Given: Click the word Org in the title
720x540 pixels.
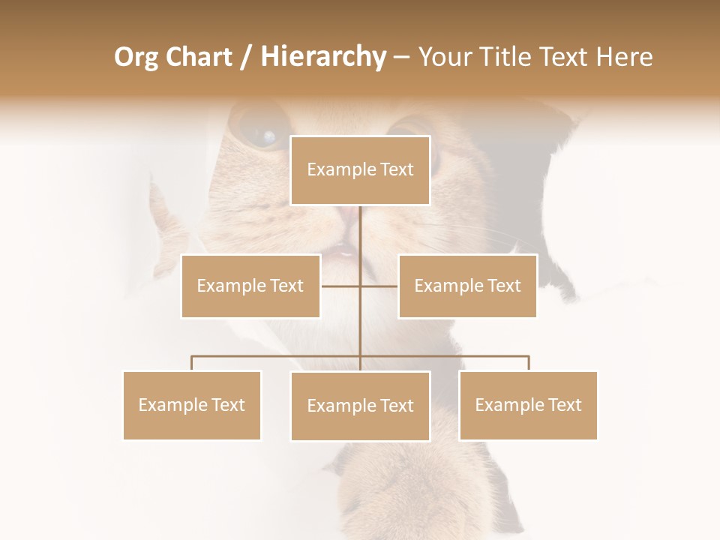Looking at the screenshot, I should (x=136, y=57).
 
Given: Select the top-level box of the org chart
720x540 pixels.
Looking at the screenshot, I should (x=360, y=170).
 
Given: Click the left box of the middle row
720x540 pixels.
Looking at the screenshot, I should (x=250, y=286).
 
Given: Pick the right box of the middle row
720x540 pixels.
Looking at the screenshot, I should (x=467, y=286).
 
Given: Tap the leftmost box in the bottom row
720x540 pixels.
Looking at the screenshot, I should (x=192, y=405).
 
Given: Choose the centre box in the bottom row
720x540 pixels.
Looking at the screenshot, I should (x=360, y=406).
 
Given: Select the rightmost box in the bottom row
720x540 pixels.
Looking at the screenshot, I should (x=528, y=405).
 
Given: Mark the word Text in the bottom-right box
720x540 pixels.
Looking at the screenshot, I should (x=564, y=405).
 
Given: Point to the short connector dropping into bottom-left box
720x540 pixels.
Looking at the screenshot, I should (x=192, y=363).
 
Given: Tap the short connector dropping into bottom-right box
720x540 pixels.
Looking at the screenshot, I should (x=529, y=363).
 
